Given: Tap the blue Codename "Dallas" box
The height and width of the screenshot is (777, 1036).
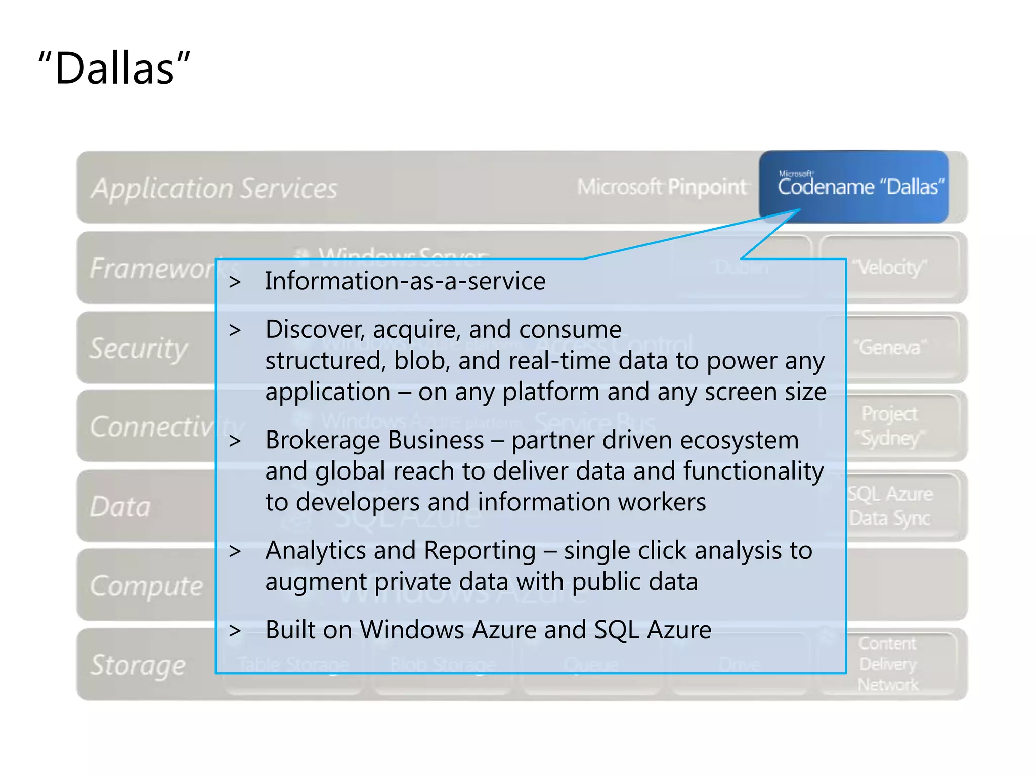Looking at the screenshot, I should click(x=854, y=186).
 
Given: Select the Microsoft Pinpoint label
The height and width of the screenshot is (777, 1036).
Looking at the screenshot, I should click(x=662, y=187).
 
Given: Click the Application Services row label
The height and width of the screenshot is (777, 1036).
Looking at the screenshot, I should click(x=214, y=188).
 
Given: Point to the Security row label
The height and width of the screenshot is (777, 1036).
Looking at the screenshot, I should click(x=138, y=348).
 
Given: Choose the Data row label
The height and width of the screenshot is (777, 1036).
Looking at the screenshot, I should click(x=120, y=506).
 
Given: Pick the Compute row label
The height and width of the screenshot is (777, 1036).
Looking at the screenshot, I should click(x=146, y=586).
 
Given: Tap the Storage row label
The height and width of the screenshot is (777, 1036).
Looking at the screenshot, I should click(x=138, y=665).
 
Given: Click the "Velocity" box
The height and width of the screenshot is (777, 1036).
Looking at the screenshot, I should click(x=889, y=267).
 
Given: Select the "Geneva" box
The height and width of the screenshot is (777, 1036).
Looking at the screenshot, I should click(x=889, y=347).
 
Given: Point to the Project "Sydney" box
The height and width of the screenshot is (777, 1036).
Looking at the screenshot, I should click(x=889, y=426).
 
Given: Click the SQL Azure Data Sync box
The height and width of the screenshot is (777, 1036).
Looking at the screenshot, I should click(x=890, y=506).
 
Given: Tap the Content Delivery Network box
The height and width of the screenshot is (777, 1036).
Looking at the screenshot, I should click(x=888, y=664).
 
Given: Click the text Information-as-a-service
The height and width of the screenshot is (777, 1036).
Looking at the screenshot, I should click(x=405, y=281).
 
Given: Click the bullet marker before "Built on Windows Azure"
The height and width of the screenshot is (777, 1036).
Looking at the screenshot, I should click(x=235, y=631).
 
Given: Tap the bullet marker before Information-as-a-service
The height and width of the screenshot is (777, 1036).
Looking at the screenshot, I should click(x=235, y=282).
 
